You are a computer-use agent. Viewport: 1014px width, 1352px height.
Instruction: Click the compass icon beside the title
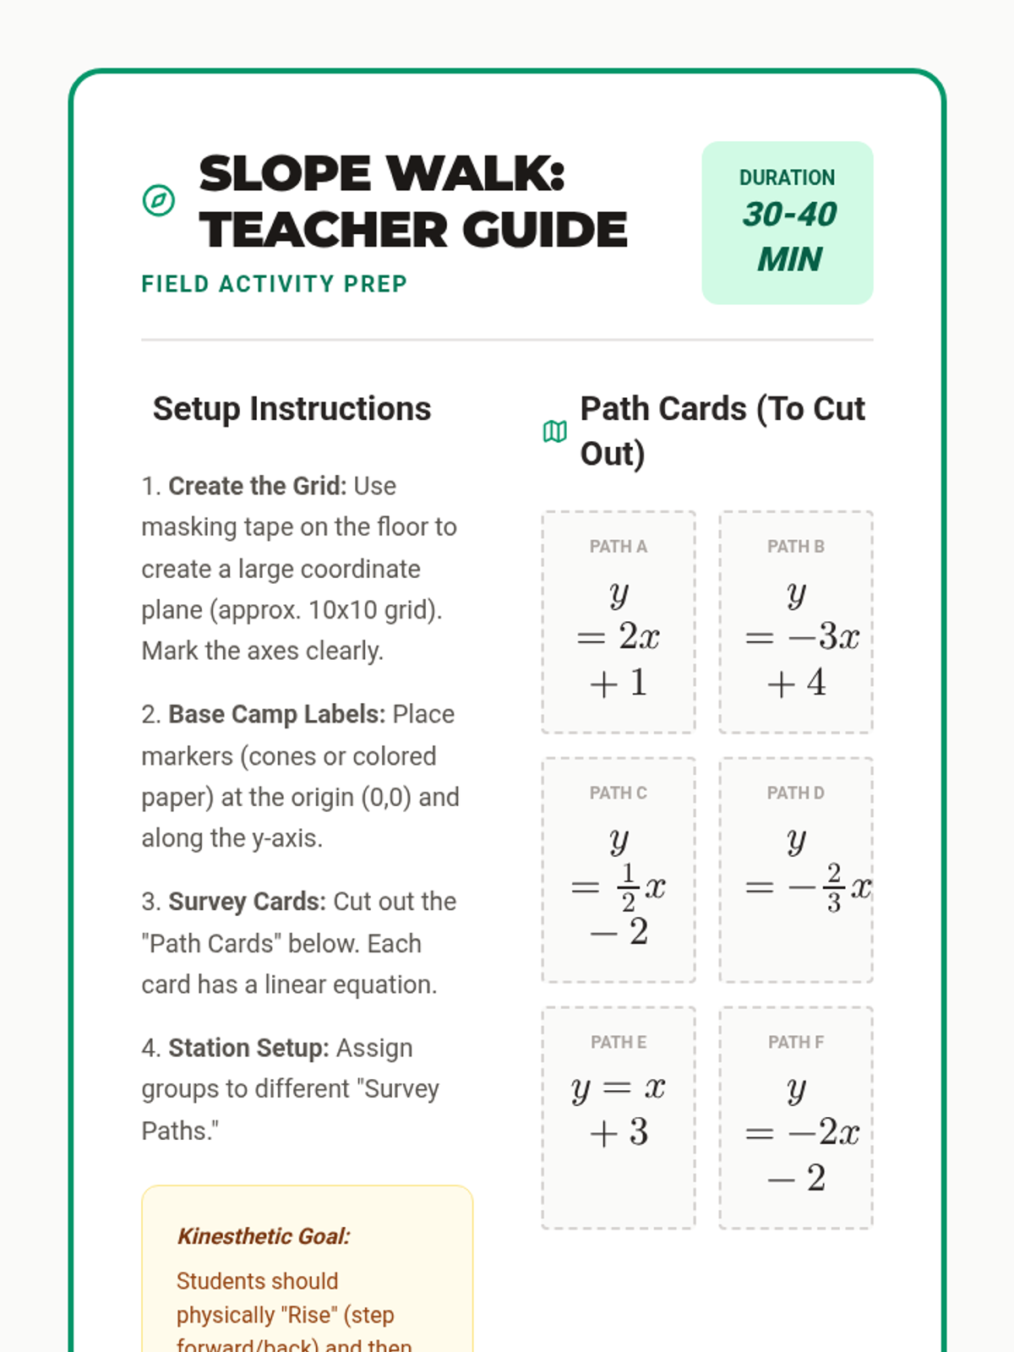[x=159, y=201]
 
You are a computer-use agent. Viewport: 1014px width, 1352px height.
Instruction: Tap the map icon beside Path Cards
[x=554, y=432]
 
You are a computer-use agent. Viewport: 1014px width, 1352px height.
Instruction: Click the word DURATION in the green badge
[x=787, y=177]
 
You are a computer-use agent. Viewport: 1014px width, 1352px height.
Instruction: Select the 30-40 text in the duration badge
[x=789, y=215]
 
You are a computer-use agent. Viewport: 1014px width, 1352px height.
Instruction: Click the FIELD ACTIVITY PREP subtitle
[x=274, y=284]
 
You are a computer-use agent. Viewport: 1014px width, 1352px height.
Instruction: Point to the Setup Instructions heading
[x=292, y=409]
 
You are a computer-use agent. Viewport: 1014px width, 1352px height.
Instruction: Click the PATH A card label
[x=618, y=547]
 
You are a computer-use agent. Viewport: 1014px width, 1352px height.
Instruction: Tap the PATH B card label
[x=795, y=547]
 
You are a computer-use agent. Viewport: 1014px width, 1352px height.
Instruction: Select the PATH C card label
[x=618, y=793]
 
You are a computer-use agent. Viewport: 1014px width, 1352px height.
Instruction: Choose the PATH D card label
[x=795, y=793]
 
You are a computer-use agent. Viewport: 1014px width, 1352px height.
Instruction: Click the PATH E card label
[x=618, y=1043]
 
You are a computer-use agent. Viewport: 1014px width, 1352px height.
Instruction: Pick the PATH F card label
[x=795, y=1043]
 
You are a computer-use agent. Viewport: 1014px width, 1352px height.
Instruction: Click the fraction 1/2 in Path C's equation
[x=628, y=887]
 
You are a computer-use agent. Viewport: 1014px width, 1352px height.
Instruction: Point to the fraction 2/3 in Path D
[x=834, y=887]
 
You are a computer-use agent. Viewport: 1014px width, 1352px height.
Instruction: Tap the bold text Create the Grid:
[x=257, y=486]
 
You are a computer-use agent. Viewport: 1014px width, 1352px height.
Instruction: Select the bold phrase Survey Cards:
[x=246, y=902]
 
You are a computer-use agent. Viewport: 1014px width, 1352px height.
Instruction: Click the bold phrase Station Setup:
[x=248, y=1048]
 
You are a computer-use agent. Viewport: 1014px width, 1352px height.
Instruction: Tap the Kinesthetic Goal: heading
[x=264, y=1236]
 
